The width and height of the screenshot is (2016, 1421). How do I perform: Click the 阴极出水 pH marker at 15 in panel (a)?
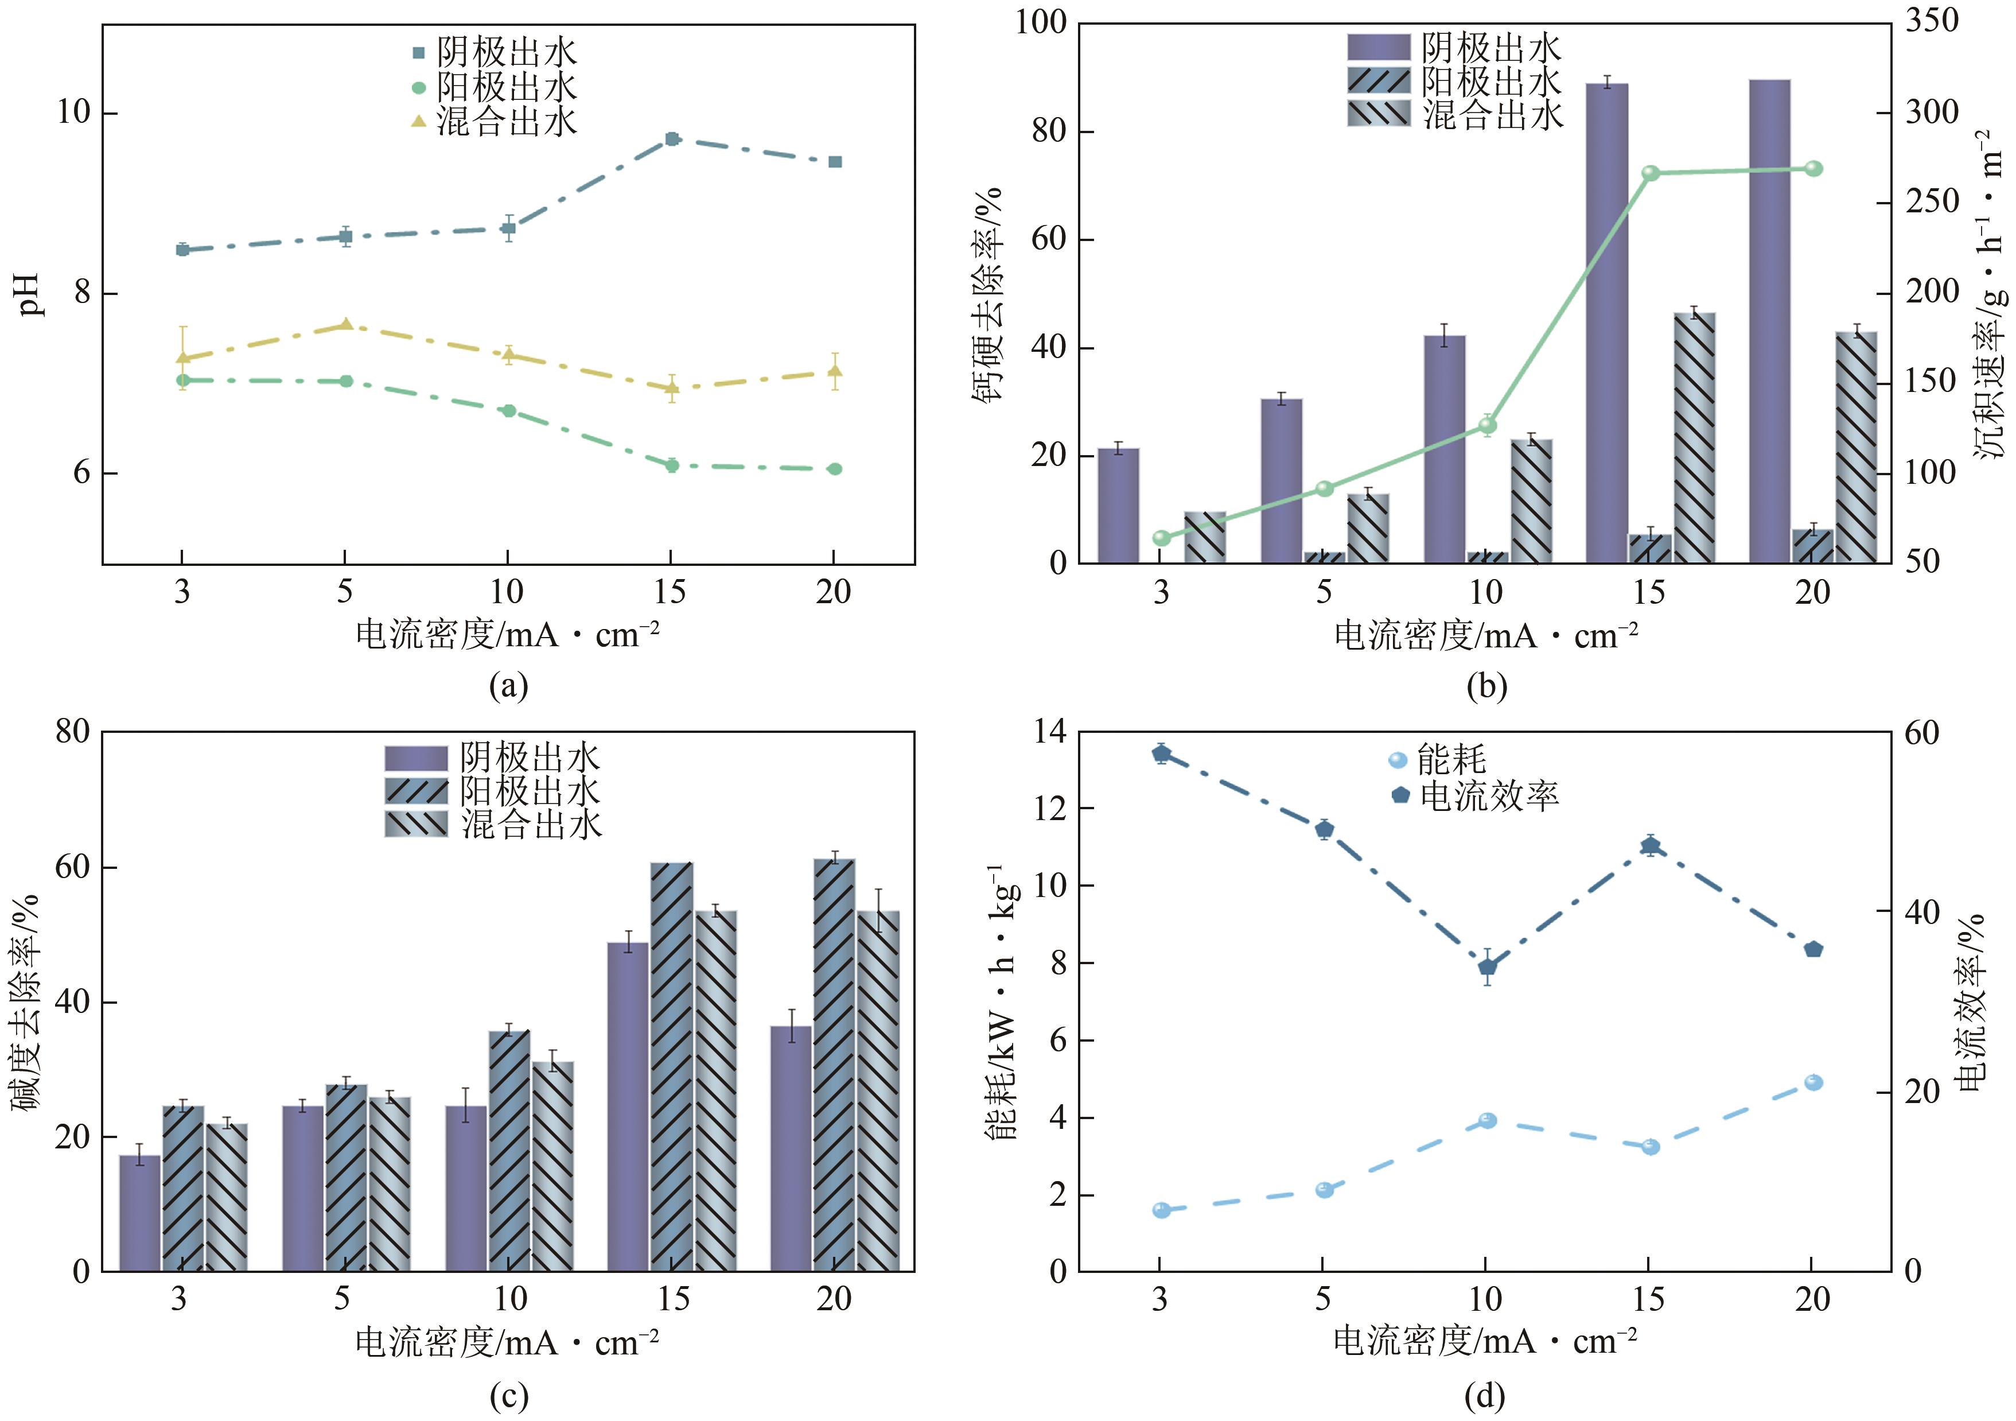pyautogui.click(x=672, y=139)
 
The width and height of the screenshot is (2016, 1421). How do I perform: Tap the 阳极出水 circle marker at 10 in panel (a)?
pyautogui.click(x=508, y=411)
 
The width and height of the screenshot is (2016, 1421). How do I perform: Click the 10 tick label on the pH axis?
pyautogui.click(x=74, y=113)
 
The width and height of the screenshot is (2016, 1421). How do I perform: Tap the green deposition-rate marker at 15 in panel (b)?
pyautogui.click(x=1651, y=173)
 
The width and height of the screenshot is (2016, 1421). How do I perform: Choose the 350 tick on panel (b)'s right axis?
pyautogui.click(x=1932, y=21)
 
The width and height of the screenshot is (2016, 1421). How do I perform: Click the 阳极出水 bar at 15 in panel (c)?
pyautogui.click(x=672, y=1066)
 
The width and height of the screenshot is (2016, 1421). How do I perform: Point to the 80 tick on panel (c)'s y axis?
pyautogui.click(x=72, y=732)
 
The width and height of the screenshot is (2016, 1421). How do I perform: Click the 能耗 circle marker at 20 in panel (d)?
pyautogui.click(x=1813, y=1082)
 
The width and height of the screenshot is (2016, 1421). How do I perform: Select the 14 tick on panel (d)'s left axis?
pyautogui.click(x=1049, y=732)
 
